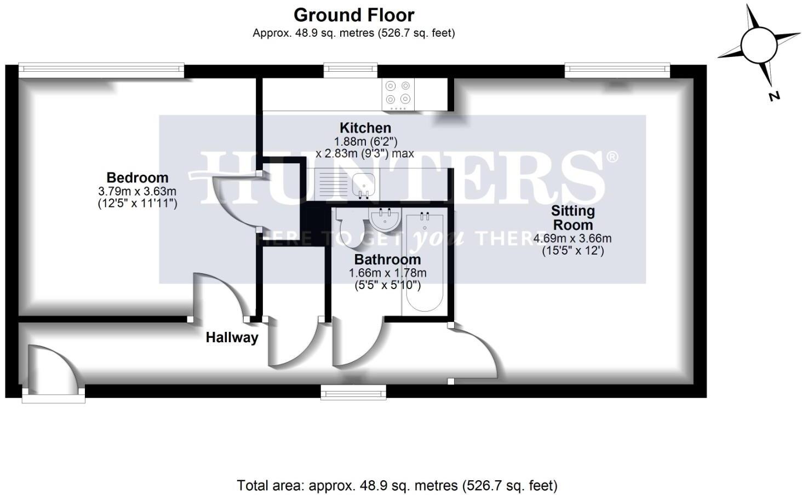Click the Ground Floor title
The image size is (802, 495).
pyautogui.click(x=354, y=15)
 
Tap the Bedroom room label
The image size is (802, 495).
pyautogui.click(x=137, y=177)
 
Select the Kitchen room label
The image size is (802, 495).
pyautogui.click(x=365, y=128)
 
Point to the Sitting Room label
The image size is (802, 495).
pyautogui.click(x=572, y=217)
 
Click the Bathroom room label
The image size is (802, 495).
pyautogui.click(x=387, y=259)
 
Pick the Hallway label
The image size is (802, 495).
pyautogui.click(x=232, y=337)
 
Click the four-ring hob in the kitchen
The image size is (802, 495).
pyautogui.click(x=398, y=93)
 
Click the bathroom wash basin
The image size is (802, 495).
pyautogui.click(x=385, y=220)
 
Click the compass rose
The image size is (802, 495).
pyautogui.click(x=758, y=44)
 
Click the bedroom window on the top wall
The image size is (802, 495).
pyautogui.click(x=101, y=69)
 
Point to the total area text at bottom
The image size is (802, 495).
pyautogui.click(x=397, y=485)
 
